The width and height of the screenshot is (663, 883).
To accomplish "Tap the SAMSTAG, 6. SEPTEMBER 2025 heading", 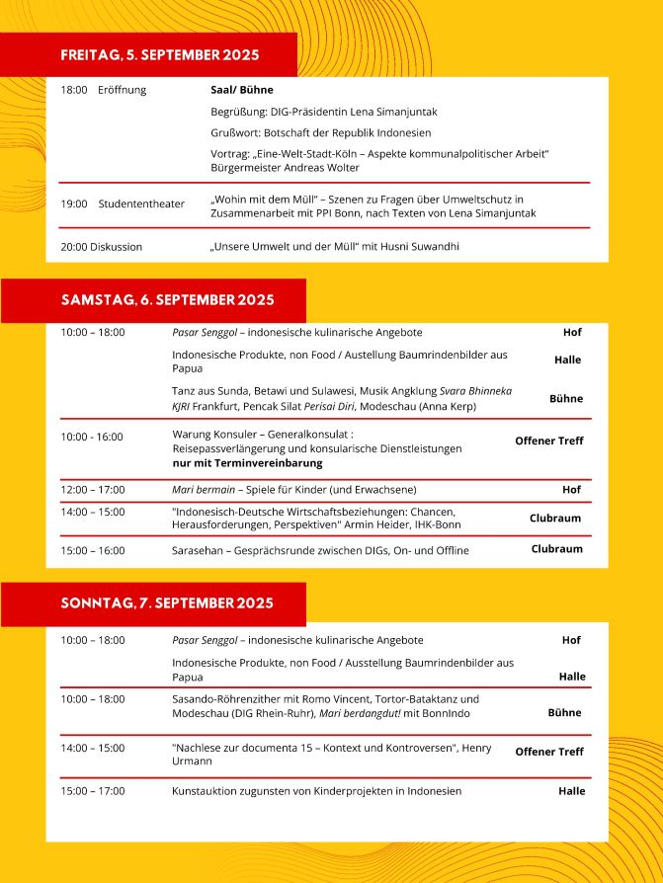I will coord(167,299).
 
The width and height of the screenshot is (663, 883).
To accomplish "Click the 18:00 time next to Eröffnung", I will coord(73,90).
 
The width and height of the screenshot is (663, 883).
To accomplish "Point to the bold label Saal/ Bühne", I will coord(242,90).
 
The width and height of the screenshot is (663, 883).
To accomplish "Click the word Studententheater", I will coord(141,204).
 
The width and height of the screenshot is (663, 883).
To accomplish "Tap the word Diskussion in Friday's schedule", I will coord(116,247).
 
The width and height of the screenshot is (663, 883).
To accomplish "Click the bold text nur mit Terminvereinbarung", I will coord(247,462).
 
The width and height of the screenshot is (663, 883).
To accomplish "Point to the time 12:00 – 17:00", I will coord(93,490).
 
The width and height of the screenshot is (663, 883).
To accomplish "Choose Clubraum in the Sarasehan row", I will coord(557,549).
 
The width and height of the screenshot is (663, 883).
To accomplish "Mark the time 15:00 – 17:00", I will coord(93,791).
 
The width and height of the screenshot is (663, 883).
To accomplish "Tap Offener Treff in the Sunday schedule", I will coord(549,752).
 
